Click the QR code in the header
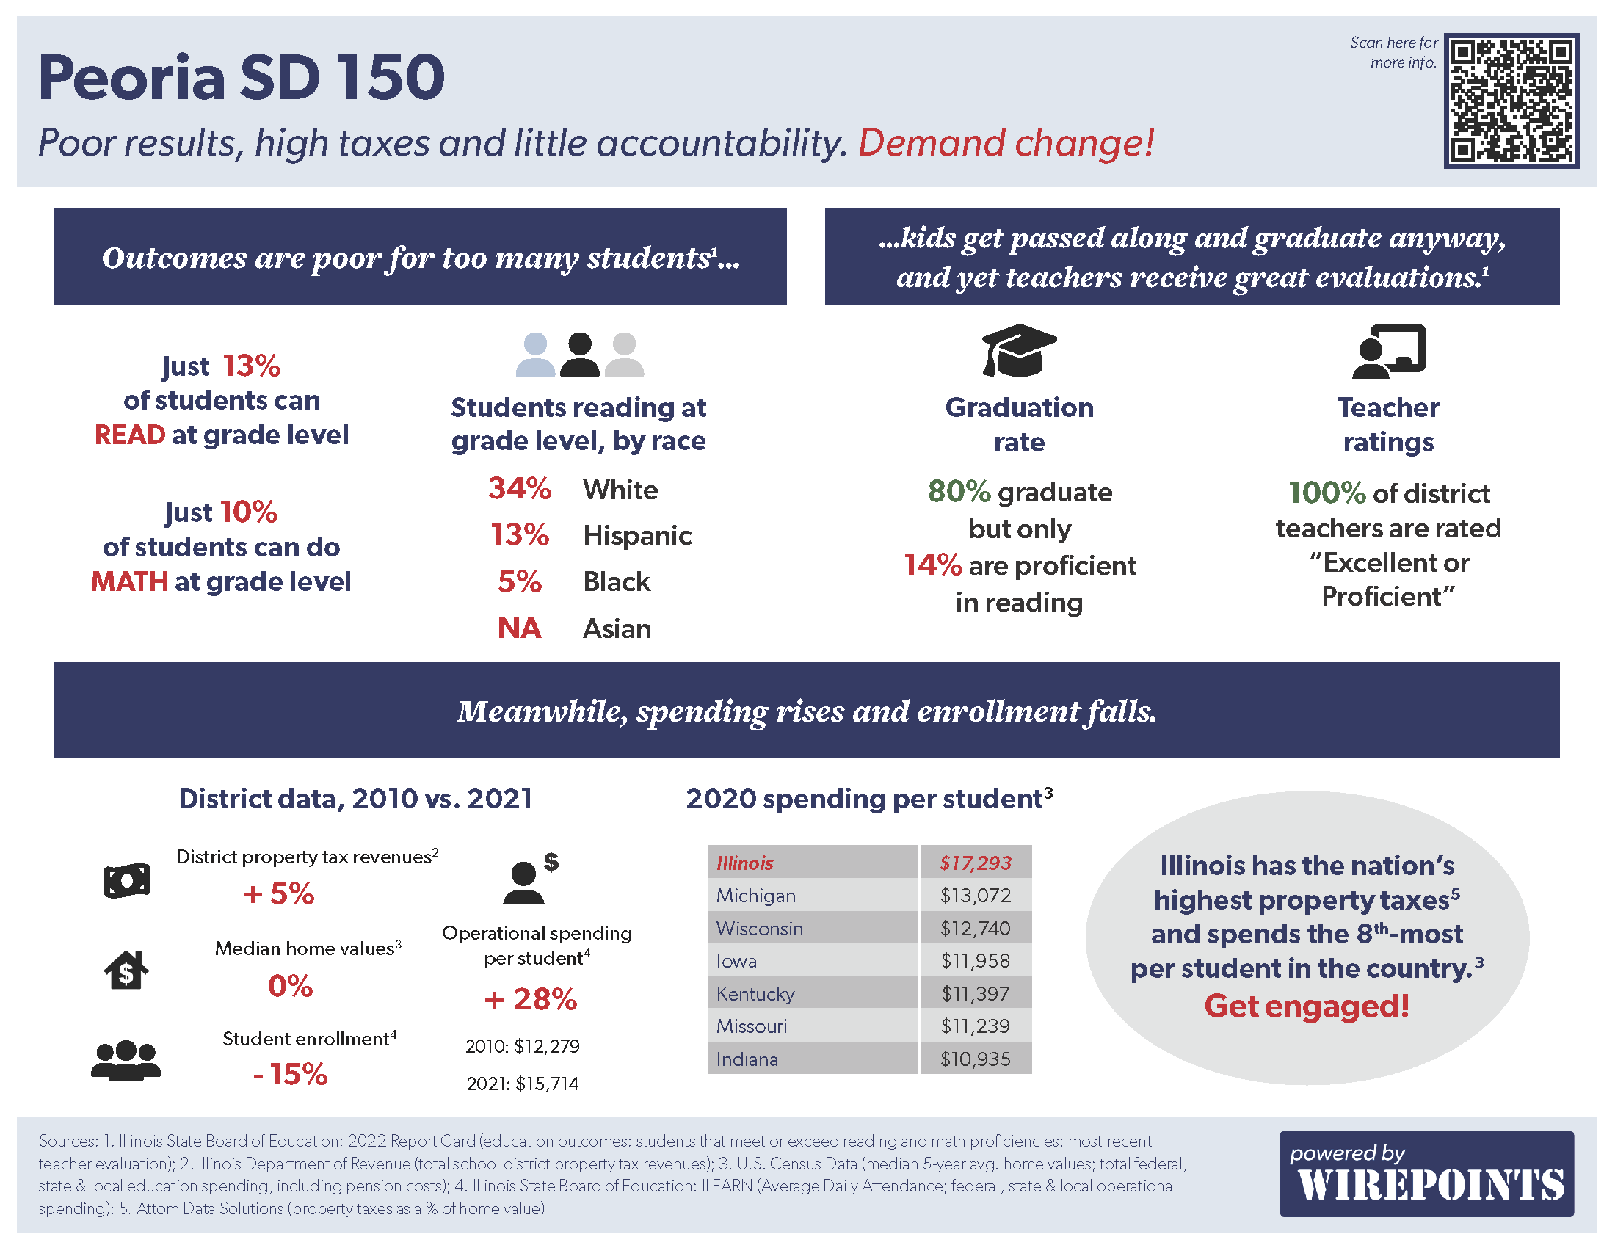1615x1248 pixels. click(1511, 101)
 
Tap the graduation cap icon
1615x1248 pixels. click(1018, 350)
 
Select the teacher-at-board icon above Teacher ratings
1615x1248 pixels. click(1388, 350)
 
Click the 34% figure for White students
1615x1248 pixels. click(519, 489)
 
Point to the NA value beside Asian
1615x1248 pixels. click(519, 628)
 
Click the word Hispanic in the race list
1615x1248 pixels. click(636, 535)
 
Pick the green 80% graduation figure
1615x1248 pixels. click(958, 492)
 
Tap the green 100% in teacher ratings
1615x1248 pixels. click(1326, 493)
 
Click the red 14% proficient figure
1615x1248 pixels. click(932, 565)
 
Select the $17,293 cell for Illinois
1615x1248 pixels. click(975, 863)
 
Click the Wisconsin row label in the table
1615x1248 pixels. click(759, 928)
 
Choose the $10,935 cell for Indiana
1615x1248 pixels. click(975, 1059)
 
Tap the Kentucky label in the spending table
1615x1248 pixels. click(755, 994)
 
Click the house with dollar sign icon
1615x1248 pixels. click(126, 970)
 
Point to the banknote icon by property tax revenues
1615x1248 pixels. click(126, 880)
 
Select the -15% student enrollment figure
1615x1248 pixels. click(290, 1074)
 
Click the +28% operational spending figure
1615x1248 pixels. click(530, 999)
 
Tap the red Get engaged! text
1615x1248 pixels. click(1306, 1006)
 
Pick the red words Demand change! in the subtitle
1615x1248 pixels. click(1006, 142)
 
